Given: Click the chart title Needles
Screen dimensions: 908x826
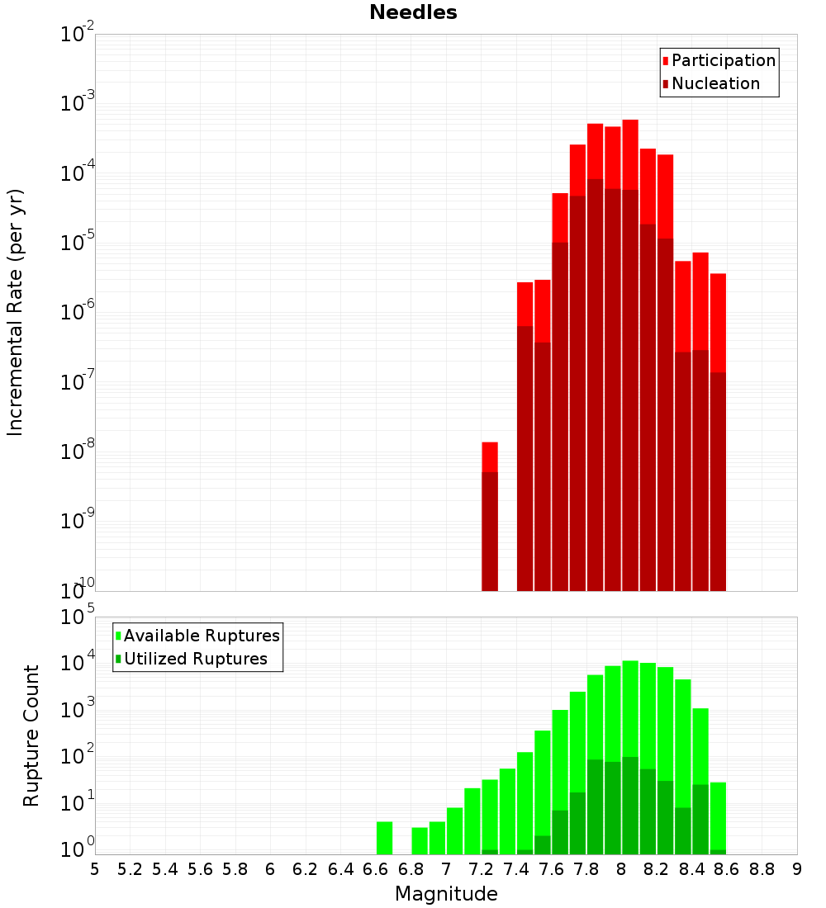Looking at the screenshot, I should point(413,12).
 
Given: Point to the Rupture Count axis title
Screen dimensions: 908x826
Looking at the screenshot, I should point(31,735).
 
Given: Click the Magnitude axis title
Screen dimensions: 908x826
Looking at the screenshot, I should point(446,894).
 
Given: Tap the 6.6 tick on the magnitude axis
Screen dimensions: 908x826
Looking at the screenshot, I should point(376,869).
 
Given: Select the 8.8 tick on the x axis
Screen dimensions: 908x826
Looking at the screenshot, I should point(762,869).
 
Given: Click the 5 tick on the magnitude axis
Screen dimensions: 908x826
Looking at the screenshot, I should point(95,869).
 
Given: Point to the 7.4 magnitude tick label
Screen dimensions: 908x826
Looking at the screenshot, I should point(516,869).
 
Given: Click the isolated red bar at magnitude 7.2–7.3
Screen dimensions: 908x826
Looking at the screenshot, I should point(490,517).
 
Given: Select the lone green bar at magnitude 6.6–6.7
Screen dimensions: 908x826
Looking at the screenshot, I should point(384,838).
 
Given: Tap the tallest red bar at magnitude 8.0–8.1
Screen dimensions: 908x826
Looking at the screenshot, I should point(630,355).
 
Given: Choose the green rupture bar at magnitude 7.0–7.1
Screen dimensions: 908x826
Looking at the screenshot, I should point(454,830).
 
